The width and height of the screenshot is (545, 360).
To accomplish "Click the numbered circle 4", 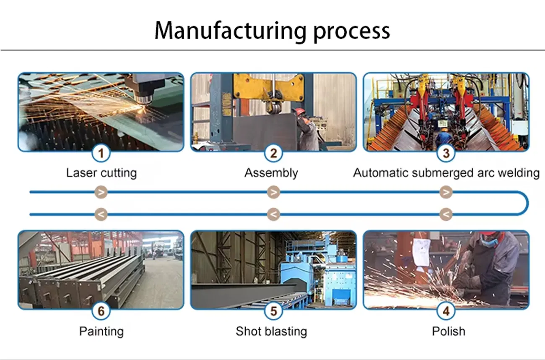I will click(446, 311).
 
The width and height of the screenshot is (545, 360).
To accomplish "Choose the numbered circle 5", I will click(273, 311).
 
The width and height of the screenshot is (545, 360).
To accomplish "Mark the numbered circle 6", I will click(101, 311).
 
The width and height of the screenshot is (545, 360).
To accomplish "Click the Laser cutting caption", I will click(101, 173).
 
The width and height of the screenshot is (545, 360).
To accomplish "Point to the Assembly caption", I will click(271, 173).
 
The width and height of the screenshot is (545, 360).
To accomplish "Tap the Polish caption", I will click(449, 331).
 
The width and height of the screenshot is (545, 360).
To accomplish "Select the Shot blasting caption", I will click(271, 331).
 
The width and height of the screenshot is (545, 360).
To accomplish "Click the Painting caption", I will click(101, 331).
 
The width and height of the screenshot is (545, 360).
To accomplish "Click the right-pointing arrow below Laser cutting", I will click(101, 193).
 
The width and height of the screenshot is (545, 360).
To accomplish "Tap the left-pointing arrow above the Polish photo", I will click(446, 214).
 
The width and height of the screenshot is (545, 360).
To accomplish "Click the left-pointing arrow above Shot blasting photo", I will click(273, 214).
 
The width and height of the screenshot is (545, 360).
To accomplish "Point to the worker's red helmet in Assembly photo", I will click(299, 111).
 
